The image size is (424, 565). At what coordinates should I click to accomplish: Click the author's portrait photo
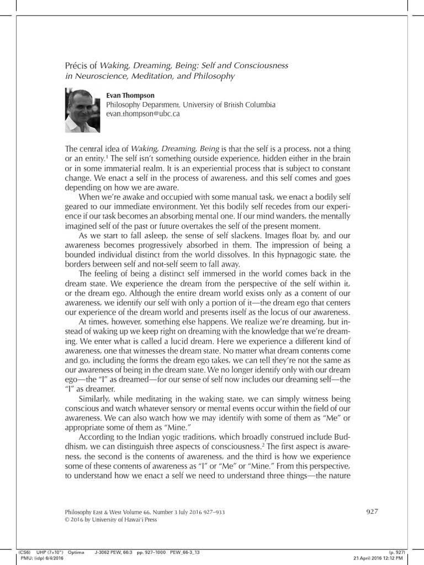tap(82, 111)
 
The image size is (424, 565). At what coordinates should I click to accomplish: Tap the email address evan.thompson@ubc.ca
tap(143, 114)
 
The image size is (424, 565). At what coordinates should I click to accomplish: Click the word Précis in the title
tap(77, 66)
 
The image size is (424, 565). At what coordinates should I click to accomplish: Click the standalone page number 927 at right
tap(372, 511)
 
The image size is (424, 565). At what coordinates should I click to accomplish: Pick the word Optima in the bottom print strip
tap(76, 551)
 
